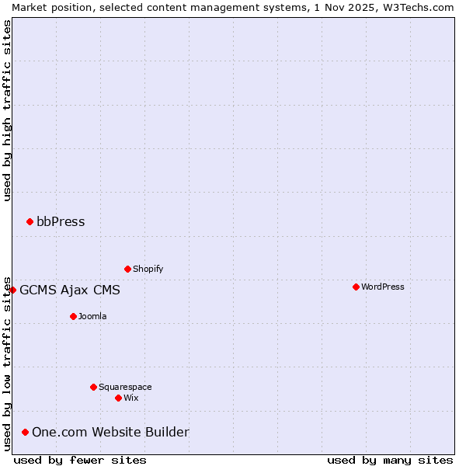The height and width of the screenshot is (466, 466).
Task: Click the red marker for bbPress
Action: click(30, 222)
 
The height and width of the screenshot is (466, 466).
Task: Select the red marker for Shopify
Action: click(127, 270)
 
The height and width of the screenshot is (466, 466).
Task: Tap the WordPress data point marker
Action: click(356, 287)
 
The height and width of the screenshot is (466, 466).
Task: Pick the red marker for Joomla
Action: click(73, 317)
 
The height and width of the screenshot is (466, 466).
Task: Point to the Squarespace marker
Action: click(93, 388)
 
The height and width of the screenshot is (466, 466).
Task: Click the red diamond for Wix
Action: click(118, 398)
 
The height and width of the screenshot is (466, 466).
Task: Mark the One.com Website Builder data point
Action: click(25, 433)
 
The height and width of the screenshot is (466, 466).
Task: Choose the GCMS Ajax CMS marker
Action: click(12, 290)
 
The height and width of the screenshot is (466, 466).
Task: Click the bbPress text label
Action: click(61, 222)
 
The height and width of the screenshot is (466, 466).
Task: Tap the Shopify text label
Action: click(148, 270)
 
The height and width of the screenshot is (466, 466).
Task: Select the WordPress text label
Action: click(382, 287)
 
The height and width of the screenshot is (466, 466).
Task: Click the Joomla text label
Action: click(92, 317)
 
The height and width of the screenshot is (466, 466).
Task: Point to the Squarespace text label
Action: click(125, 388)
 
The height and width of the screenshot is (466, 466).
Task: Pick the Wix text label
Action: click(130, 398)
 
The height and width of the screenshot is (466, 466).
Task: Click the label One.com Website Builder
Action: click(110, 433)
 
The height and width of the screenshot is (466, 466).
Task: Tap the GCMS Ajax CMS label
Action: click(70, 290)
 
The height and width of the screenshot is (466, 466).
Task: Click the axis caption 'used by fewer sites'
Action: click(80, 461)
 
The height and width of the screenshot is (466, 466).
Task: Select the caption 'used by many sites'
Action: click(390, 461)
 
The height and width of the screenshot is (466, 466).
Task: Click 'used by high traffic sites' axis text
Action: click(7, 110)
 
